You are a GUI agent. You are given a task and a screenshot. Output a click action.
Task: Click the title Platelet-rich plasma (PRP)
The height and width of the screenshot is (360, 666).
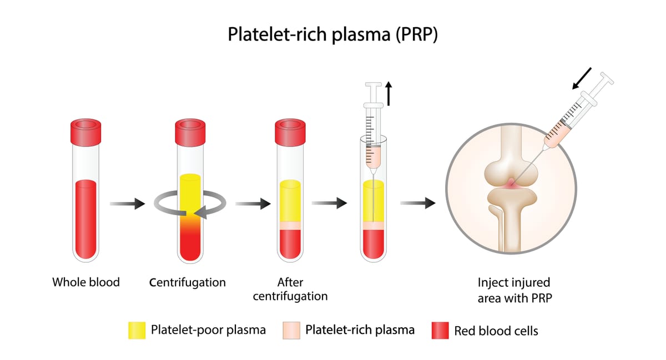(x=332, y=34)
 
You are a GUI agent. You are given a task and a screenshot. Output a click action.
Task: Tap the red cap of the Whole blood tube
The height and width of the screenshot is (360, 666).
(x=85, y=131)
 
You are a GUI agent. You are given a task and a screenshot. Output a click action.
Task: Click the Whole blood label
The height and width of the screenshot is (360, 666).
(x=86, y=282)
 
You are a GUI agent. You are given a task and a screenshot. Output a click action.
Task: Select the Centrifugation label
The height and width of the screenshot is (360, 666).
(x=188, y=282)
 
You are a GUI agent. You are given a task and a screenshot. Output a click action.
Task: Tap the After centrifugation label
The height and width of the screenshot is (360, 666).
(x=290, y=289)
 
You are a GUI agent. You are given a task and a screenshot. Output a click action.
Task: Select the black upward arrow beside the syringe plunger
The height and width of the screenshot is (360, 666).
(x=389, y=93)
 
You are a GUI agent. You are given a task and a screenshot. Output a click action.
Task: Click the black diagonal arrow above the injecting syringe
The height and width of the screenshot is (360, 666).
(x=582, y=78)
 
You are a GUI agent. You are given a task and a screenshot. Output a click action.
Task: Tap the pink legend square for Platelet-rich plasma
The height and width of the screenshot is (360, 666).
(x=291, y=330)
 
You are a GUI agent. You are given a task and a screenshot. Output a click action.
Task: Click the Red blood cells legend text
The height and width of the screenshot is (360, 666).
(x=496, y=331)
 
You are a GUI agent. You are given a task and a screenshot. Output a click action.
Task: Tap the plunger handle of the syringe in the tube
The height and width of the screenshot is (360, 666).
(x=373, y=85)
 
